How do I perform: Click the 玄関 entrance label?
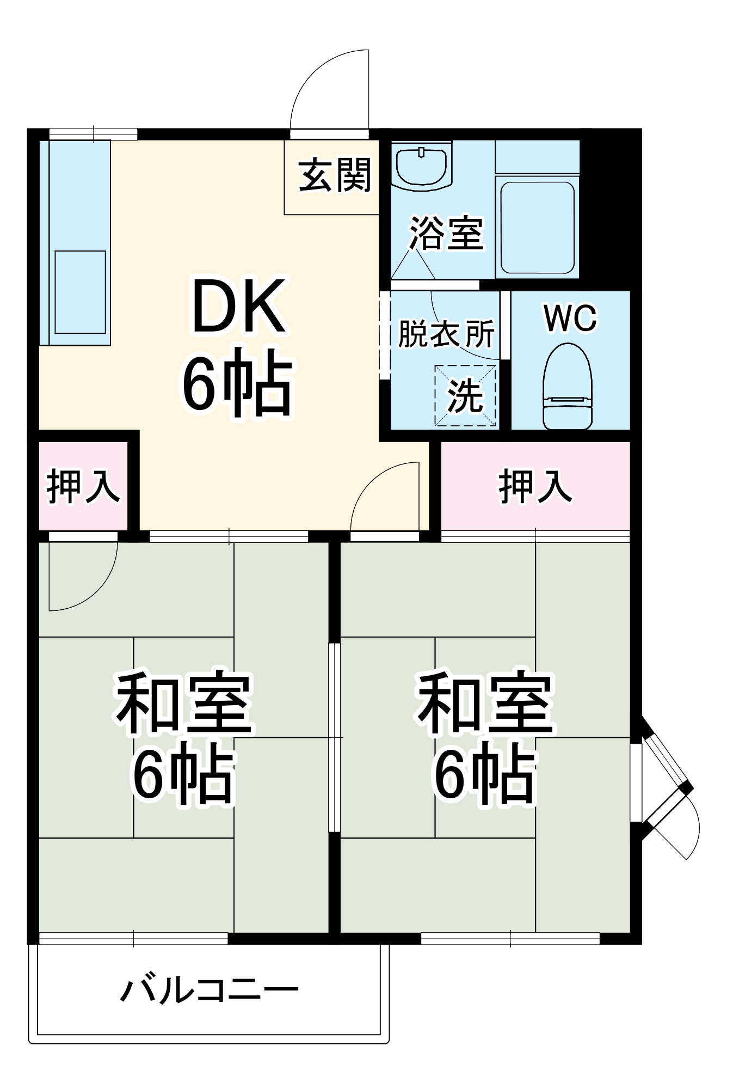[x=334, y=175]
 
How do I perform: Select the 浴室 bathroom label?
[x=446, y=234]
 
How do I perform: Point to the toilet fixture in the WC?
[x=568, y=386]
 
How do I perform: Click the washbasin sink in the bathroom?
[x=422, y=166]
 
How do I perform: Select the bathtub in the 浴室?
[x=537, y=227]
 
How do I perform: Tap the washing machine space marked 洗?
[x=465, y=396]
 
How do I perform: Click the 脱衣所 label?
[x=446, y=333]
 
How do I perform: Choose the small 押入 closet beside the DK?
[x=83, y=486]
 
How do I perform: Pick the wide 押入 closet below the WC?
[x=535, y=486]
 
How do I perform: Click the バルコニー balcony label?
[x=209, y=990]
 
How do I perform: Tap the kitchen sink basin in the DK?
[x=80, y=292]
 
